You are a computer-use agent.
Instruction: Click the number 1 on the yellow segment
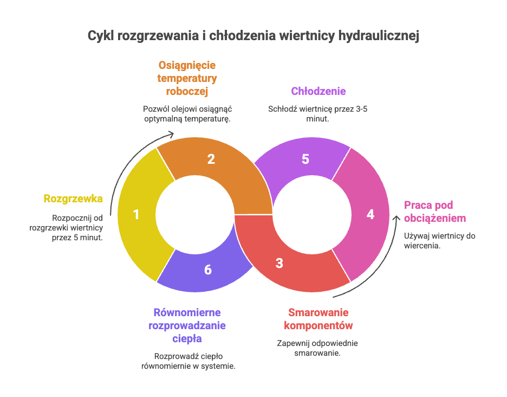(136, 215)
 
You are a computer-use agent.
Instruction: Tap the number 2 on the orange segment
(211, 159)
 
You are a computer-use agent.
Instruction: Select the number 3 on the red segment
(279, 264)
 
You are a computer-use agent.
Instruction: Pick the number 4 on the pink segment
(370, 214)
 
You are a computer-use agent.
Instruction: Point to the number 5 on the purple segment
(305, 159)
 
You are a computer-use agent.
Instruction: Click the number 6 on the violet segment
(208, 270)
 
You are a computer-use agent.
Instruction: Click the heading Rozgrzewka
(73, 198)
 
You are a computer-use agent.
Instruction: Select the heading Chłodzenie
(318, 91)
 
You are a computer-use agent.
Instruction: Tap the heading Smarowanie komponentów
(318, 319)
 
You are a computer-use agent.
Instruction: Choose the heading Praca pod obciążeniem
(434, 212)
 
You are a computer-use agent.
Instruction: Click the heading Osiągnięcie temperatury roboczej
(187, 78)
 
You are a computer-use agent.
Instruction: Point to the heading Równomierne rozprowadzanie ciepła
(187, 326)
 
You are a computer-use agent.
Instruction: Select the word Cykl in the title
(100, 36)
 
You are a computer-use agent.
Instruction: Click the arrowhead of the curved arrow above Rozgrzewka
(173, 134)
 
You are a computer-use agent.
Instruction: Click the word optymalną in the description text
(162, 118)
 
